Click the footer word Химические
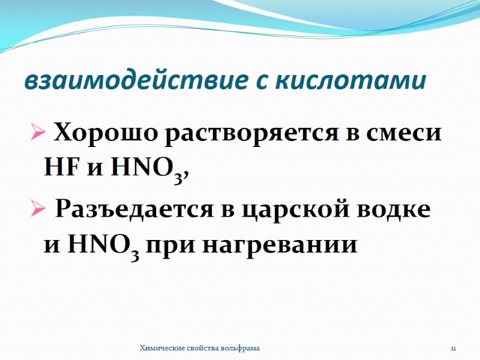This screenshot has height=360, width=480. pyautogui.click(x=160, y=348)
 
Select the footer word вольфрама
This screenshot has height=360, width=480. pyautogui.click(x=241, y=348)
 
